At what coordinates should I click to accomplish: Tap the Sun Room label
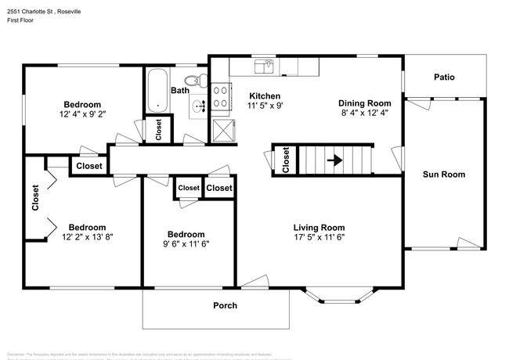pyautogui.click(x=443, y=175)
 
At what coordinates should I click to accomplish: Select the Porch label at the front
pyautogui.click(x=226, y=305)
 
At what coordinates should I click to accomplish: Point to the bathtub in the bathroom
pyautogui.click(x=157, y=92)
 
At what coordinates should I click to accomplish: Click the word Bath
pyautogui.click(x=180, y=91)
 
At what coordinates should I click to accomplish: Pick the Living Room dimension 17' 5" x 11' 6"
pyautogui.click(x=319, y=238)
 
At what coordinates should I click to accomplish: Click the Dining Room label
pyautogui.click(x=364, y=103)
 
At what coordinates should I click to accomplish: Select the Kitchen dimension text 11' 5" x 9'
pyautogui.click(x=265, y=105)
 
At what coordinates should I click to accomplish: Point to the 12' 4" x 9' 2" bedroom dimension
pyautogui.click(x=82, y=115)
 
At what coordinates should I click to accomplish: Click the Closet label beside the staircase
pyautogui.click(x=286, y=160)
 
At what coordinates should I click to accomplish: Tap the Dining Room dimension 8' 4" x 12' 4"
pyautogui.click(x=364, y=114)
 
